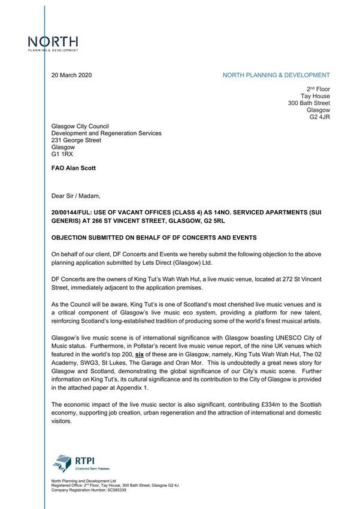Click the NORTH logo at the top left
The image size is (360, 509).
point(53,44)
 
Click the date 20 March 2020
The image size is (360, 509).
point(71,75)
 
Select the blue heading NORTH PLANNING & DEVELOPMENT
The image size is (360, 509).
point(276,75)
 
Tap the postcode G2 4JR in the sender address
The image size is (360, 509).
point(319,117)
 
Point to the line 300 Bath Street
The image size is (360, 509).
point(308,103)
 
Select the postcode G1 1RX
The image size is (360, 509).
point(62,154)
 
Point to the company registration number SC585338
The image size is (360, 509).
point(111,490)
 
